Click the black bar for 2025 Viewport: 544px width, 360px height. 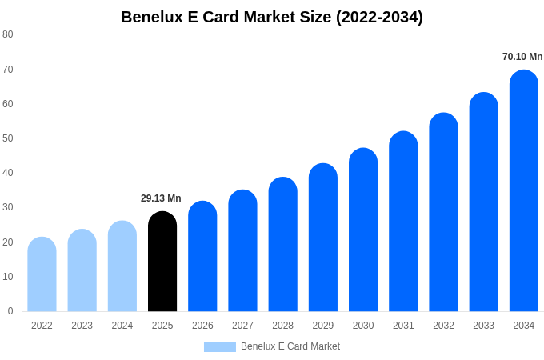tap(162, 262)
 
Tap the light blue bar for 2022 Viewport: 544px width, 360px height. tap(42, 274)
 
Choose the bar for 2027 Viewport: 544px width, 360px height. tap(242, 250)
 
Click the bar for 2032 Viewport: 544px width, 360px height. tap(443, 212)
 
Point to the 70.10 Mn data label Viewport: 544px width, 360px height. tap(522, 57)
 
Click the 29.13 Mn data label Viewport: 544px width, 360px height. tap(161, 198)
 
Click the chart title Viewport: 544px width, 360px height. tap(272, 17)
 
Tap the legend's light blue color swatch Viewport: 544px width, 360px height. tap(220, 347)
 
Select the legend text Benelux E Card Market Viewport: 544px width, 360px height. tap(290, 346)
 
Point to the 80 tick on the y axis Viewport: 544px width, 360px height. tap(8, 34)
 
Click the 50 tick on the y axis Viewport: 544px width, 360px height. tap(8, 138)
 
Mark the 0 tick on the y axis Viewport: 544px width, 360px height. tap(10, 311)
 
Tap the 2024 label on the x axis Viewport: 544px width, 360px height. tap(122, 326)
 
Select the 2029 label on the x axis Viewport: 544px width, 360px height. tap(323, 326)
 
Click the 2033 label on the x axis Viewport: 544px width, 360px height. tap(483, 326)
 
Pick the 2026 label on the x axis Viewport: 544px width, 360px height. tap(202, 326)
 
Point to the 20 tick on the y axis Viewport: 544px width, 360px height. tap(8, 242)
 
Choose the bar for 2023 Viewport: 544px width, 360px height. tap(82, 270)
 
